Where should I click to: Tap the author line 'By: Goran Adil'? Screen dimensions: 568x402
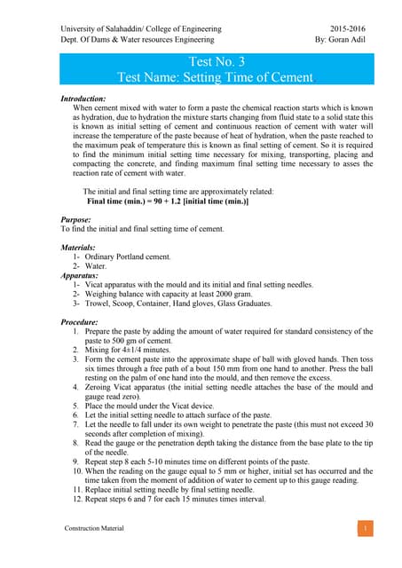(x=341, y=40)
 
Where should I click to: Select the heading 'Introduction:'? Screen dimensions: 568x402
(x=83, y=98)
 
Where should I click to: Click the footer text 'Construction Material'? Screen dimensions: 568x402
(x=95, y=528)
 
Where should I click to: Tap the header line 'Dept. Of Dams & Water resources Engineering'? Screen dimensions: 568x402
(x=138, y=40)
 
